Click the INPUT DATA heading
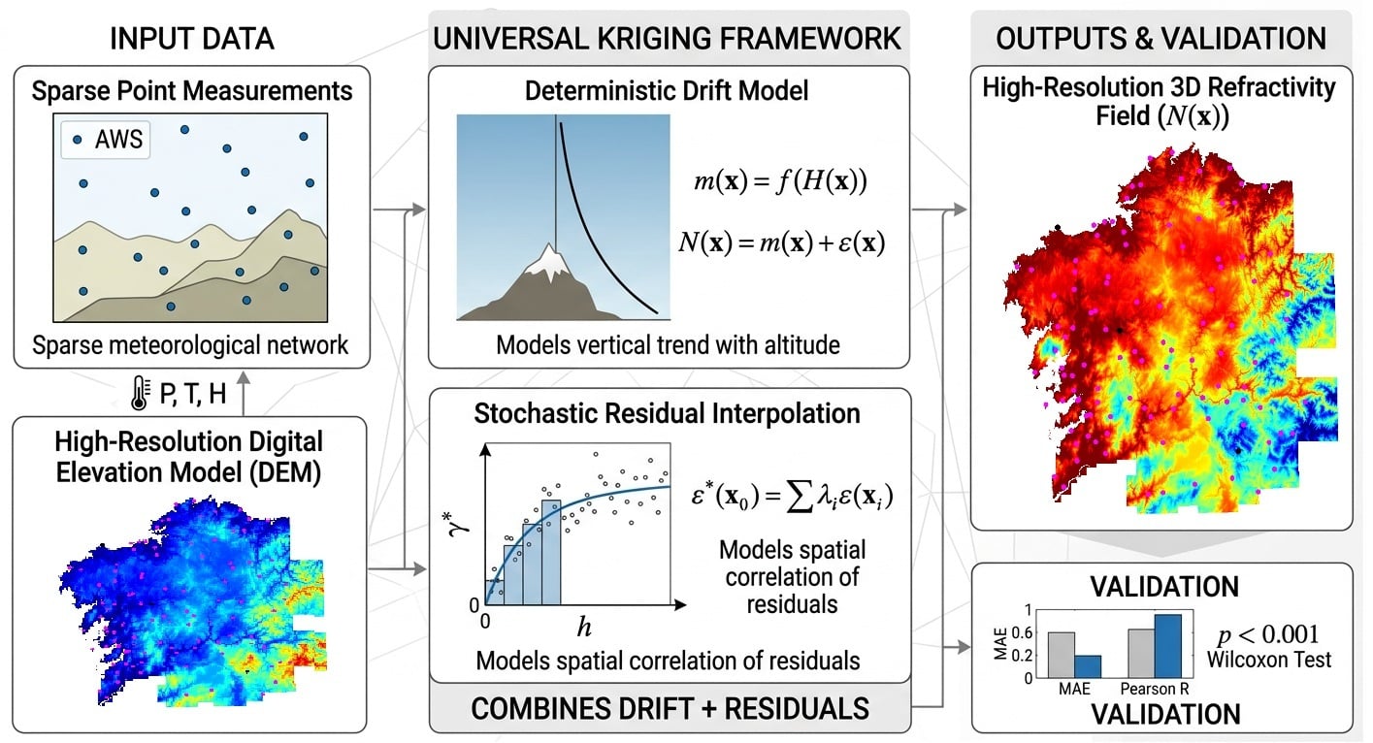pos(191,39)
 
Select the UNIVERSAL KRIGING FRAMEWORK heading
pos(668,39)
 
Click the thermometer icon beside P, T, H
pos(139,393)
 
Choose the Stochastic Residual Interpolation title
pos(668,413)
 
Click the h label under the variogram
pos(584,628)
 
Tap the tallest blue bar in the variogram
pos(550,552)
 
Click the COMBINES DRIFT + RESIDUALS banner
pos(669,707)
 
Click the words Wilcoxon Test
pos(1269,660)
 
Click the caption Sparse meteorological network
pos(191,344)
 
